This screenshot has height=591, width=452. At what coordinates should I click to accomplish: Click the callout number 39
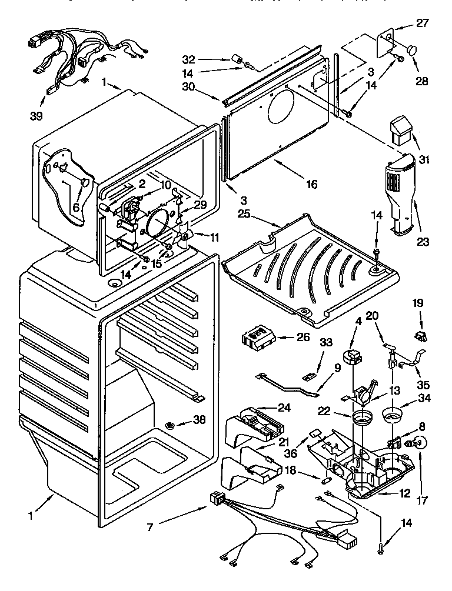pos(36,116)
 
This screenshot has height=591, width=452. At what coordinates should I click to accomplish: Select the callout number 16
pos(311,185)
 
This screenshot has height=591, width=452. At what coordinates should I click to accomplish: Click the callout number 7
pos(151,528)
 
